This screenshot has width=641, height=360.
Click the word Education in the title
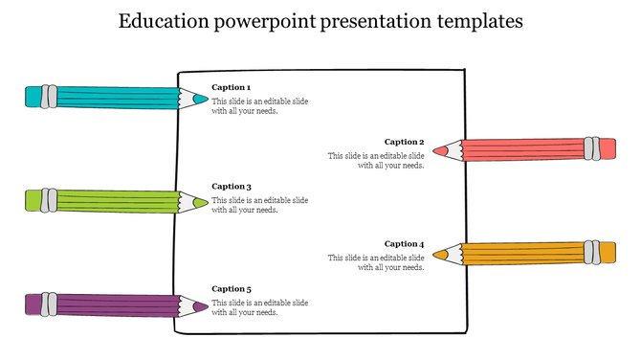coord(162,22)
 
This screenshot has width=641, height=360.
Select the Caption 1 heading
coord(232,87)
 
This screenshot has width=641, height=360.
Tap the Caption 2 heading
coord(405,142)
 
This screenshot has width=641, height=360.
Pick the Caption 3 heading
coord(232,187)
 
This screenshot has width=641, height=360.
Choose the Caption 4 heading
coord(405,243)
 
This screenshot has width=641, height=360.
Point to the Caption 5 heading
coord(232,288)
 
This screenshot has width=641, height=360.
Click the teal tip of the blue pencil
coord(200,98)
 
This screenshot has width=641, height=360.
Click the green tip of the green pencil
coord(200,202)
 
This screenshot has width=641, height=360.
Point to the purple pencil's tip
coord(200,306)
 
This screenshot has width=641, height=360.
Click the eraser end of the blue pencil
coord(33,96)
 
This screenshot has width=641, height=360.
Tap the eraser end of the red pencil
coord(607,148)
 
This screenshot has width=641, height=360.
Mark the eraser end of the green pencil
coord(33,200)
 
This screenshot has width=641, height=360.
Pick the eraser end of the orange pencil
coord(607,253)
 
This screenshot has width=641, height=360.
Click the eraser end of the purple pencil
coord(33,304)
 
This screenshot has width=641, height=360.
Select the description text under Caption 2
coord(377,160)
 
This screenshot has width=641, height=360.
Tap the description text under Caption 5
coord(259,307)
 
